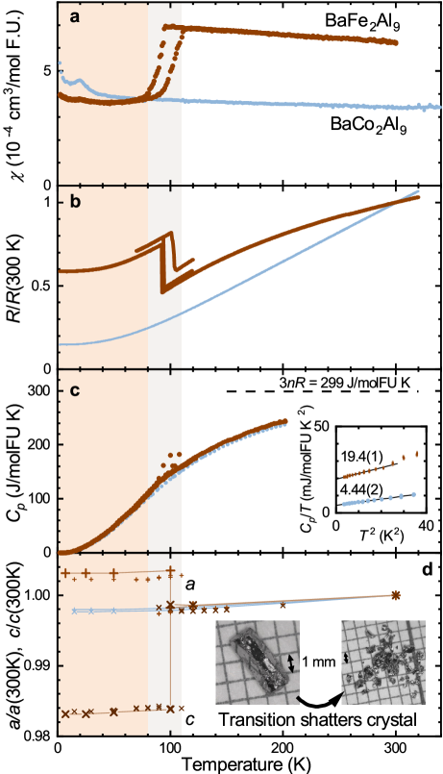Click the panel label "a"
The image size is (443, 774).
point(74,17)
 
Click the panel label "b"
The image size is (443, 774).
point(74,203)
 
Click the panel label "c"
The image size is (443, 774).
point(74,390)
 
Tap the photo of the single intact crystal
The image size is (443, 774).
point(258,662)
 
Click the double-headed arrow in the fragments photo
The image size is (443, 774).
point(347,657)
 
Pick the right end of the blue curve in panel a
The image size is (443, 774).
point(425,108)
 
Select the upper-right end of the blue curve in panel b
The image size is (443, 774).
point(418,192)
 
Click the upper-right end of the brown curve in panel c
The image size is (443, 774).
point(285,420)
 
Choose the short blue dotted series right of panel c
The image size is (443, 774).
point(379,499)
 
